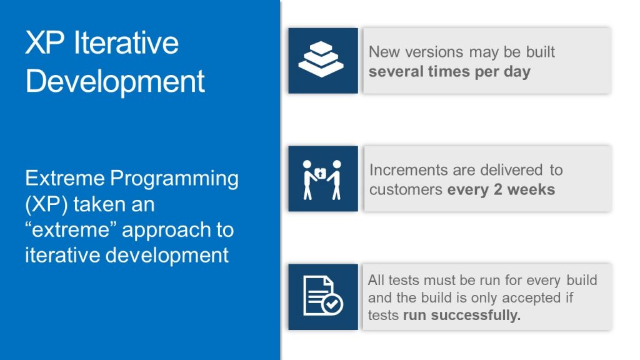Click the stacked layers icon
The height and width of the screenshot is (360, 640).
tap(322, 61)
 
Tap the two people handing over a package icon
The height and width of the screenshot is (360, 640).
tap(322, 179)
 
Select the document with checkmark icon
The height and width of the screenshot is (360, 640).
tap(322, 296)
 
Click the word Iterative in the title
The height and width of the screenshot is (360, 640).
tap(126, 43)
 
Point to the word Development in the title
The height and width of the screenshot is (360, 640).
tap(115, 81)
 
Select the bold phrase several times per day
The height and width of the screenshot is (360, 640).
tap(449, 71)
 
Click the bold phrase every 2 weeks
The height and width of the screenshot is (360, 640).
tap(501, 189)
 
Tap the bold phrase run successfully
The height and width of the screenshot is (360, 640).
tap(462, 315)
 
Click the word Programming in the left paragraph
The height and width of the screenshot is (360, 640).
tap(174, 179)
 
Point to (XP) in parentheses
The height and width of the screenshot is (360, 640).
tap(46, 204)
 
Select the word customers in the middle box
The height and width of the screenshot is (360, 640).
tap(406, 189)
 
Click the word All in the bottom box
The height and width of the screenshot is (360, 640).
tap(376, 280)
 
